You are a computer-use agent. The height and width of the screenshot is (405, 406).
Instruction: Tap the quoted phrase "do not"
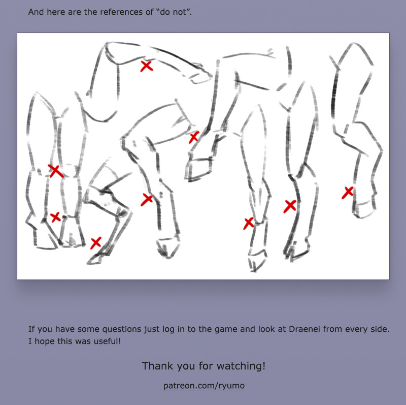coord(174,12)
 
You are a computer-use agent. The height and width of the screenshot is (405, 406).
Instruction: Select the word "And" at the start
coord(36,12)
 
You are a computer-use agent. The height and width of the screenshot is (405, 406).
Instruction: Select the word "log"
coord(168,329)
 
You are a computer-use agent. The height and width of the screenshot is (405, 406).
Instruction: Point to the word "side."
coord(379,329)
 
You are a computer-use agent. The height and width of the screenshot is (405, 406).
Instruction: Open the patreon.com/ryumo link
coord(204,386)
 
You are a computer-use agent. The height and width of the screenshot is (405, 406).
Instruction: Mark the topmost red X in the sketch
coord(147,66)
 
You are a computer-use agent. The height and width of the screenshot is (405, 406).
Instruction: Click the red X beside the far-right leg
coord(348,193)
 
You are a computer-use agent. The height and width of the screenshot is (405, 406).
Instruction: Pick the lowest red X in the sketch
coord(96,243)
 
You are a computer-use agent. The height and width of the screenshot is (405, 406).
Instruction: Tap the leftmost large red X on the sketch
coord(56,171)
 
